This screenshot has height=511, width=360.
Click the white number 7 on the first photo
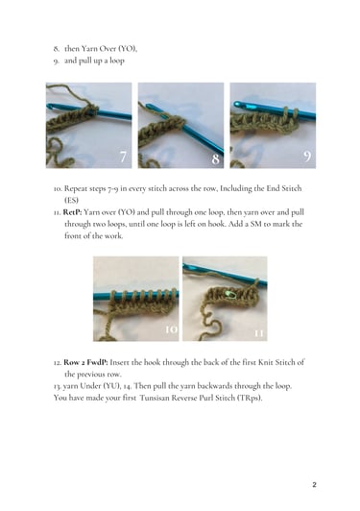(x=123, y=157)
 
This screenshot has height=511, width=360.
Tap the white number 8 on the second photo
(x=215, y=159)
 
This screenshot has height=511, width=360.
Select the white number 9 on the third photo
(x=307, y=157)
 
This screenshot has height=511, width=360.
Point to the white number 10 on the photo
(x=172, y=329)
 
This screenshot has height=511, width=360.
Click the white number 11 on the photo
(x=258, y=333)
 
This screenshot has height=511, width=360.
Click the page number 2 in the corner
(x=314, y=485)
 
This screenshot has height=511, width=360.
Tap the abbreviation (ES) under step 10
(x=71, y=200)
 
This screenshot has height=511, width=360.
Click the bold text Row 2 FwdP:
(x=85, y=362)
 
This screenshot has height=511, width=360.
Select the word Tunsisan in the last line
(x=155, y=398)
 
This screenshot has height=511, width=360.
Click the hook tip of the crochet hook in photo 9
(x=237, y=105)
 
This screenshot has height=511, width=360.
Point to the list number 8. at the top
(x=57, y=49)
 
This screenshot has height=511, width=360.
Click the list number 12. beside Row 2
(x=58, y=362)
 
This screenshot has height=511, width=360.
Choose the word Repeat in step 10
(x=75, y=188)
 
